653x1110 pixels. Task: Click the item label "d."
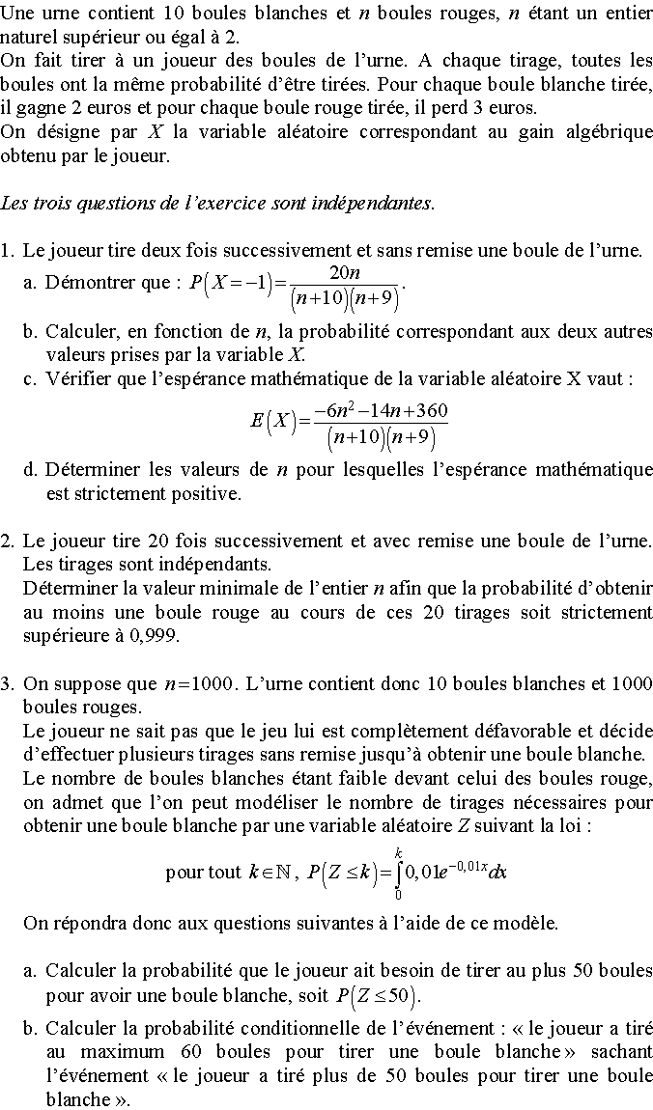31,470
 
